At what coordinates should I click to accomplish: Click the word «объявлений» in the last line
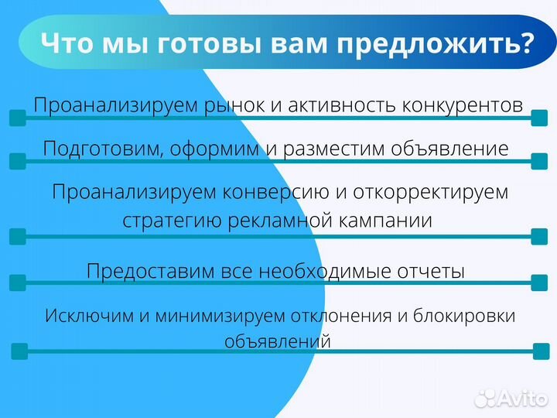(x=278, y=341)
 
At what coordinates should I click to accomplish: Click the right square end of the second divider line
(x=539, y=160)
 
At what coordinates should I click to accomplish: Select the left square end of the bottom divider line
(x=19, y=351)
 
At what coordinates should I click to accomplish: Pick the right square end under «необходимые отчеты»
(x=539, y=285)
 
